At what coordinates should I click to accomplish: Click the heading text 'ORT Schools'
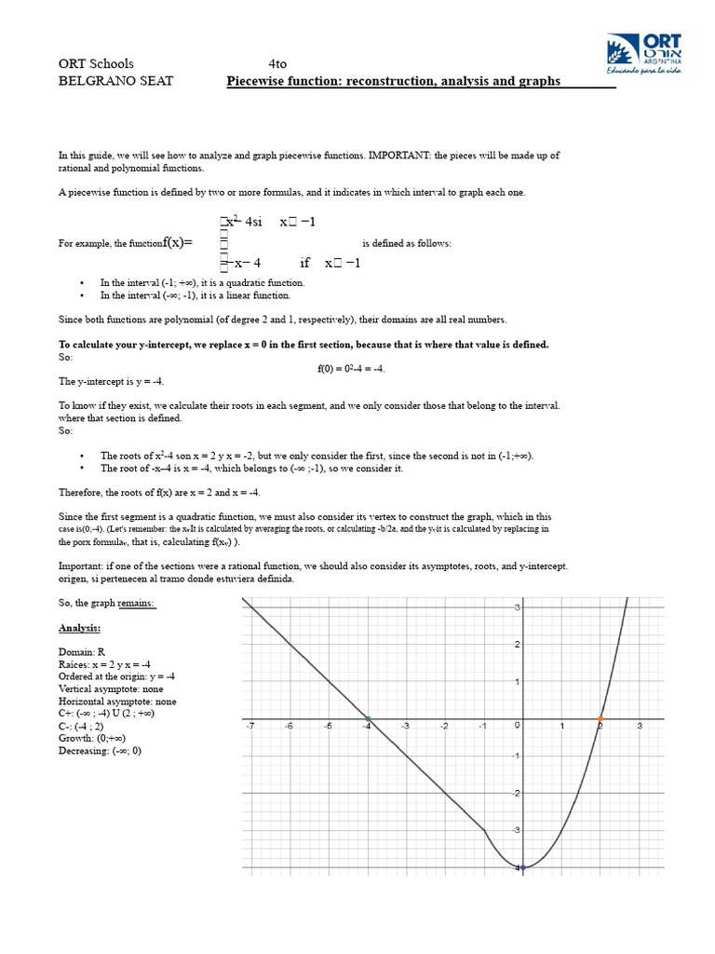tap(96, 64)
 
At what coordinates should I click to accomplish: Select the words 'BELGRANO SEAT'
tap(116, 81)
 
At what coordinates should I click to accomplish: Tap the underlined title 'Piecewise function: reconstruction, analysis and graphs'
tap(394, 81)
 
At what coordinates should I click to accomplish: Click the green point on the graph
tap(368, 719)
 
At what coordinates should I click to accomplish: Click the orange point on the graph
tap(600, 719)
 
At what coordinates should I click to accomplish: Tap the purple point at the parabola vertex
tap(522, 867)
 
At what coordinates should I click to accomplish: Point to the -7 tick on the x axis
tap(250, 726)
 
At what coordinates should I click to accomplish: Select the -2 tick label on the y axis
tap(514, 793)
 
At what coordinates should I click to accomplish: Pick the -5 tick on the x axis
tap(328, 726)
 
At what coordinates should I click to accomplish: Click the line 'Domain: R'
tap(82, 652)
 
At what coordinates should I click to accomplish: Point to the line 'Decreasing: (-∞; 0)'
tap(100, 750)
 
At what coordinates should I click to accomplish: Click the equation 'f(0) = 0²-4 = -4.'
tap(351, 368)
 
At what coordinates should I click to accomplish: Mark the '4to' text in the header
tap(277, 64)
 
